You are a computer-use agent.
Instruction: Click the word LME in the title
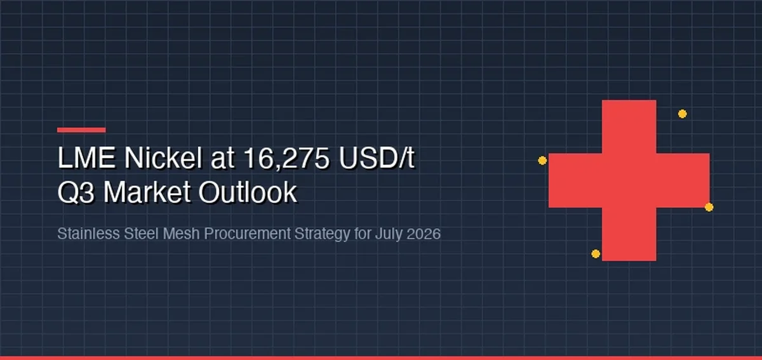86,157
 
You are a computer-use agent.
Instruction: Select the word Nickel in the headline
163,157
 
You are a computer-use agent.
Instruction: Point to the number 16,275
287,158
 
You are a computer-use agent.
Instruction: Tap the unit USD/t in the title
377,157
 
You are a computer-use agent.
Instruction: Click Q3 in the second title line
76,192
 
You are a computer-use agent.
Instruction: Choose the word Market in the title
147,192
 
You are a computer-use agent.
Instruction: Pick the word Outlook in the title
248,192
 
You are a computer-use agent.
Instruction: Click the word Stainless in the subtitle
88,234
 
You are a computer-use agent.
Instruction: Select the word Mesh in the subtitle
182,234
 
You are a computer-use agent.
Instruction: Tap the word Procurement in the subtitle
247,234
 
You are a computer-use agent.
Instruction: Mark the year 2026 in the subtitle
424,234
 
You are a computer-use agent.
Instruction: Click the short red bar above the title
81,130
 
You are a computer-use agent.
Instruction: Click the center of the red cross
629,180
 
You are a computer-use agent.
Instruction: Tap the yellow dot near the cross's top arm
682,114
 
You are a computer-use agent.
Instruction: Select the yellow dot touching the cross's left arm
542,160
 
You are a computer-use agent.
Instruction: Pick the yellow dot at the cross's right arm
709,207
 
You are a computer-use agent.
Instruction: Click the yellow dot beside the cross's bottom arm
596,254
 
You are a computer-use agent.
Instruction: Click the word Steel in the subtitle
142,234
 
